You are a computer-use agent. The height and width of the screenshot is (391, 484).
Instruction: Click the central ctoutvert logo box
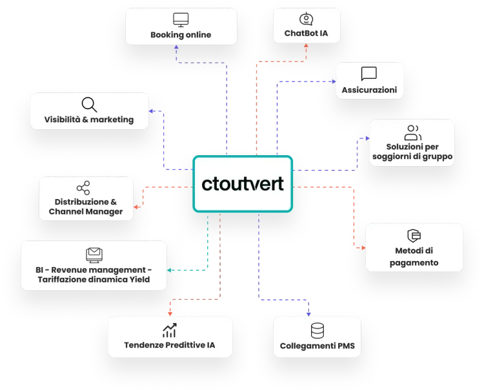(242, 184)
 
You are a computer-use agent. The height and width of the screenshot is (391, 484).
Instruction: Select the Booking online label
(181, 34)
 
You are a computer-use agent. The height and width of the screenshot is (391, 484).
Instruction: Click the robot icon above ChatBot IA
(305, 19)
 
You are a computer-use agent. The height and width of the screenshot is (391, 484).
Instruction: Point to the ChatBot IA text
(305, 34)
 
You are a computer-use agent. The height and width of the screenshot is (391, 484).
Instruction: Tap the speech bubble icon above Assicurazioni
(369, 74)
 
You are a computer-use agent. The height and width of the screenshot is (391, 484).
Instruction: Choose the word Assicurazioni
(369, 89)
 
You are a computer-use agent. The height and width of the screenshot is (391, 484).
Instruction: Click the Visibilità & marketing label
(89, 119)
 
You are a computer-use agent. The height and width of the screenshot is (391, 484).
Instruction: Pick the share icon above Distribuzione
(83, 187)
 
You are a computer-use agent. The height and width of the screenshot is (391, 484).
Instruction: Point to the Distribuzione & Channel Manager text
(86, 206)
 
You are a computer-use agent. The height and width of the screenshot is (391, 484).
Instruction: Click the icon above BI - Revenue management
(94, 253)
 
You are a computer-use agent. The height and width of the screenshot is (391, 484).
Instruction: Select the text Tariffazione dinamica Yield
(94, 279)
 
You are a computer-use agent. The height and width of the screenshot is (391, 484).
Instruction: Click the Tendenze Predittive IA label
(170, 345)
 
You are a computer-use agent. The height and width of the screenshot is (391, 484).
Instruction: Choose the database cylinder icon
(318, 330)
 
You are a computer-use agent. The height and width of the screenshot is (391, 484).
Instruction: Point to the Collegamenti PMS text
(318, 346)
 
